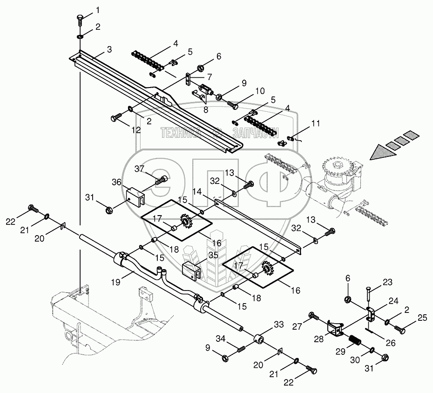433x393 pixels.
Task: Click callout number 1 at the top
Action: (x=98, y=9)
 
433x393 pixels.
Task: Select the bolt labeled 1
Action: (x=80, y=20)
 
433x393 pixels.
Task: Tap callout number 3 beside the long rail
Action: (x=109, y=49)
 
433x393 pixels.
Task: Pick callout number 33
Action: (x=278, y=324)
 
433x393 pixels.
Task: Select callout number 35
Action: (x=213, y=255)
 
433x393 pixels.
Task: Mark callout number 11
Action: (x=316, y=124)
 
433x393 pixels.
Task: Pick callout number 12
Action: (x=135, y=130)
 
